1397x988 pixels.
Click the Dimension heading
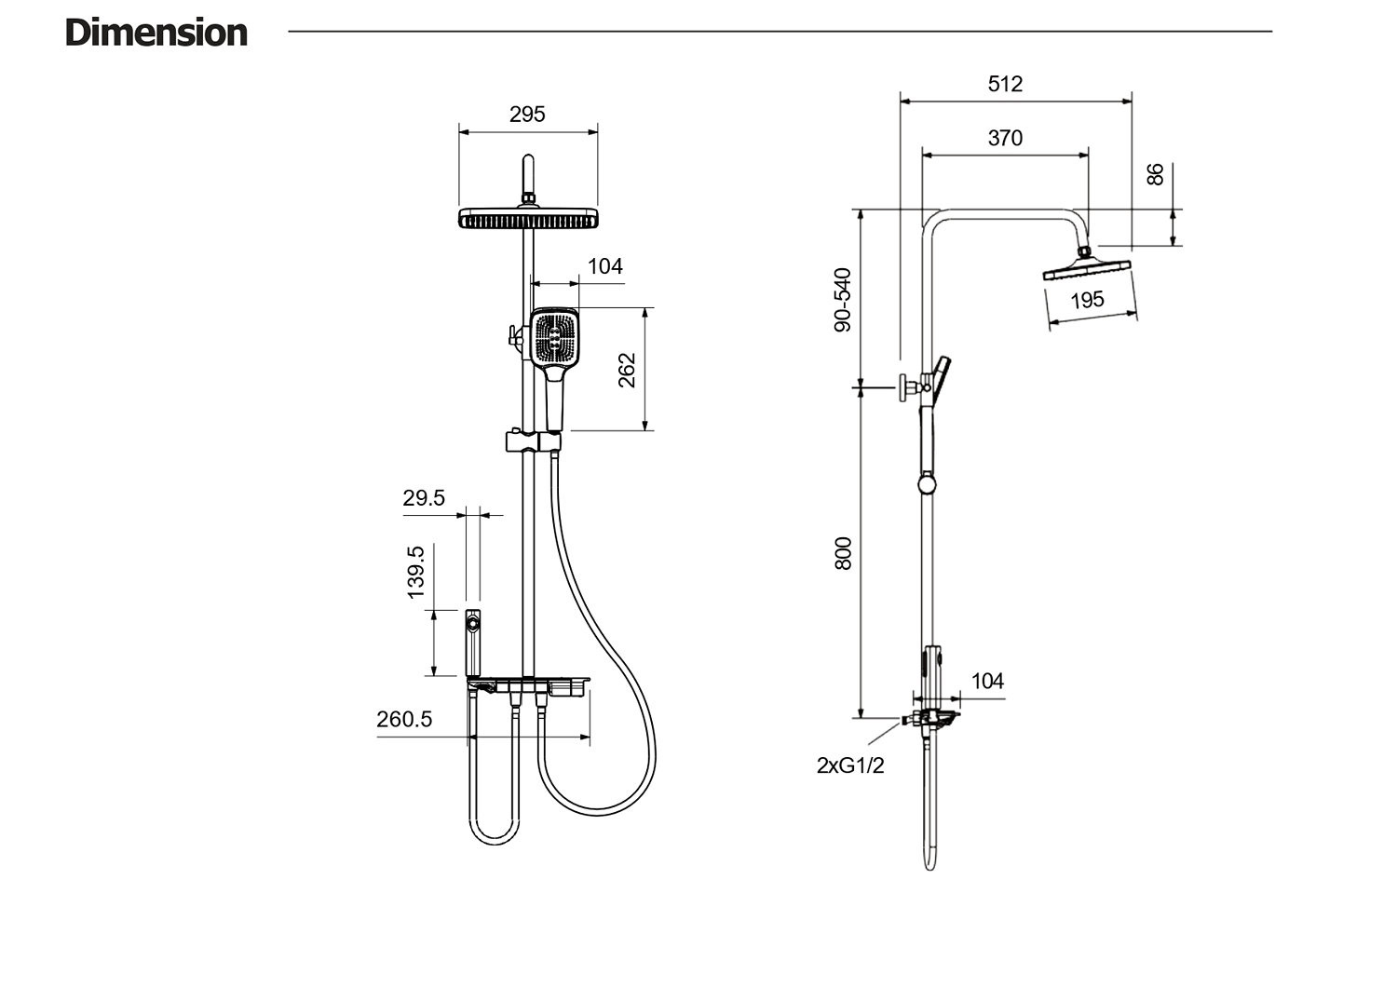tap(156, 33)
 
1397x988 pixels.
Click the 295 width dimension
tap(527, 115)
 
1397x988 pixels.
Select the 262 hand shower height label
tap(627, 370)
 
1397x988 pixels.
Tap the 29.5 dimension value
tap(424, 498)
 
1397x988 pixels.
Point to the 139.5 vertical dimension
tap(415, 572)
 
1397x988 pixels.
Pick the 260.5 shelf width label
tap(404, 719)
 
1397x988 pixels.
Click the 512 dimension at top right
tap(1005, 84)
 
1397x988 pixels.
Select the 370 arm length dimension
tap(1005, 138)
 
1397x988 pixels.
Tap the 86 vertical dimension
tap(1156, 174)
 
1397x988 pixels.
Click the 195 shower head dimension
tap(1087, 300)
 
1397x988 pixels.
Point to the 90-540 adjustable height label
tap(843, 300)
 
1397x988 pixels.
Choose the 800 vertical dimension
tap(843, 553)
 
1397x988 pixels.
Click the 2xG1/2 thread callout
tap(849, 765)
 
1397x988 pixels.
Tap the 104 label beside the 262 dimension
tap(604, 266)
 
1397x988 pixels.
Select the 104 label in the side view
tap(987, 681)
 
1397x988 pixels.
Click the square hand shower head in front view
tap(555, 338)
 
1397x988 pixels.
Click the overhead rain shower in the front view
tap(528, 220)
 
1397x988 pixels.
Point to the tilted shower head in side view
tap(1087, 270)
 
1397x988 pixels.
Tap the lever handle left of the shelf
tap(473, 643)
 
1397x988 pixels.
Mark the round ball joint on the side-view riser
tap(928, 485)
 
